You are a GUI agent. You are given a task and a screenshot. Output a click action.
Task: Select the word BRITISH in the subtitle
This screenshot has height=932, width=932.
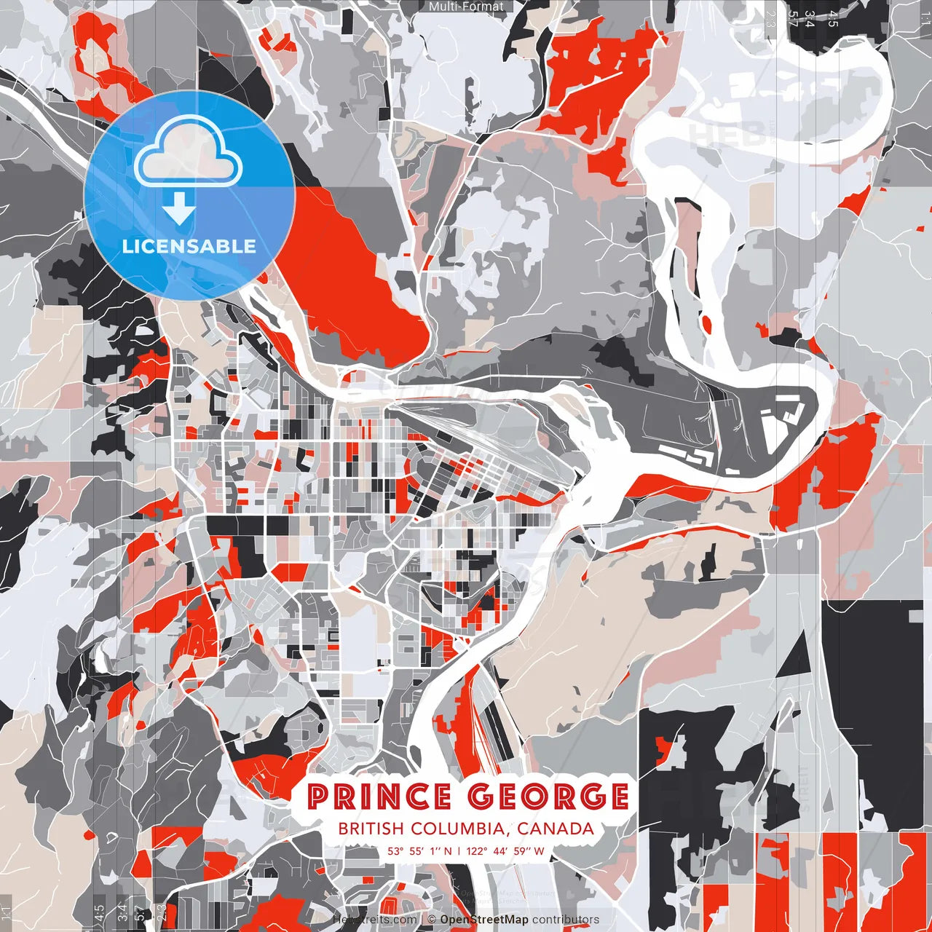pos(371,829)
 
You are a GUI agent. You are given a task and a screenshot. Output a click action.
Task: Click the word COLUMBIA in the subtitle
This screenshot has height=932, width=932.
pos(457,829)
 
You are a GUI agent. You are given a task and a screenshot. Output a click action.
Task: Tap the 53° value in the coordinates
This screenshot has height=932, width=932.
pos(395,850)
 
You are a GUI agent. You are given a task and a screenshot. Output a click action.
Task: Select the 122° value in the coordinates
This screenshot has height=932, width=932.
pos(477,850)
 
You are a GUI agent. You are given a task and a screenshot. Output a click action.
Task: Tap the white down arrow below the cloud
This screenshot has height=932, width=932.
pos(178,208)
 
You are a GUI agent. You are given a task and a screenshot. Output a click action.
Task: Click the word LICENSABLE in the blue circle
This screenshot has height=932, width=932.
pos(189,246)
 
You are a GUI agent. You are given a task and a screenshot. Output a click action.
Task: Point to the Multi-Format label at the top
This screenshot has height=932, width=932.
pos(466,7)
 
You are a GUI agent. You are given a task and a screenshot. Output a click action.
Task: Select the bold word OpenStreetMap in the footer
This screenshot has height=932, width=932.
pos(484,920)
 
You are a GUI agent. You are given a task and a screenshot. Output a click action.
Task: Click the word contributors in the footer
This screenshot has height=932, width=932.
pos(566,920)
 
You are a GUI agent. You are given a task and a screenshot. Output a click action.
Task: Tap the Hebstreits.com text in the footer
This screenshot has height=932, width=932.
pos(374,920)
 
